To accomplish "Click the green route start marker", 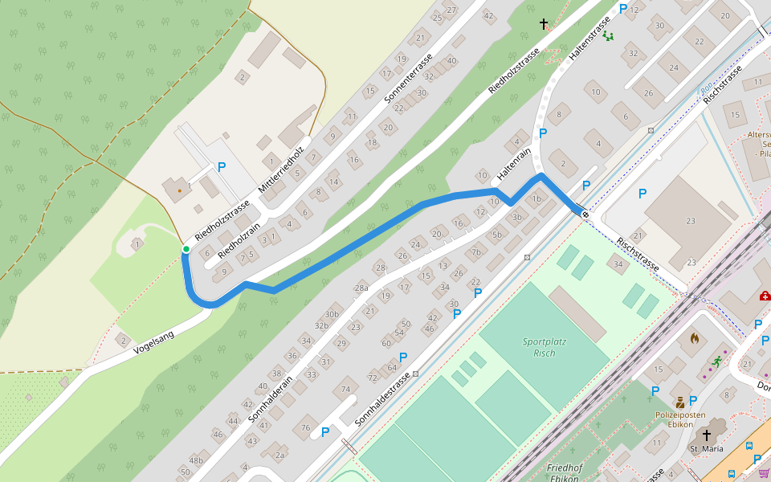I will pos(186,249).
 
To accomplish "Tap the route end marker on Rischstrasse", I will pos(585,214).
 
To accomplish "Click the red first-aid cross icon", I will pos(764,296).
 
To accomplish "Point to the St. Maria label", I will pos(707,448).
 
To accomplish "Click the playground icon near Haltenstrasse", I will pos(608,35).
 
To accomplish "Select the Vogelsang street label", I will pos(153,344).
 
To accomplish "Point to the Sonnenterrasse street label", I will pos(409,80).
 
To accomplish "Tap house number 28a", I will pos(361,288).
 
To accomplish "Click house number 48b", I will pos(196,460).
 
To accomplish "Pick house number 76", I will pos(305,427).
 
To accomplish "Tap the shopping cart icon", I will pos(764,473).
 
